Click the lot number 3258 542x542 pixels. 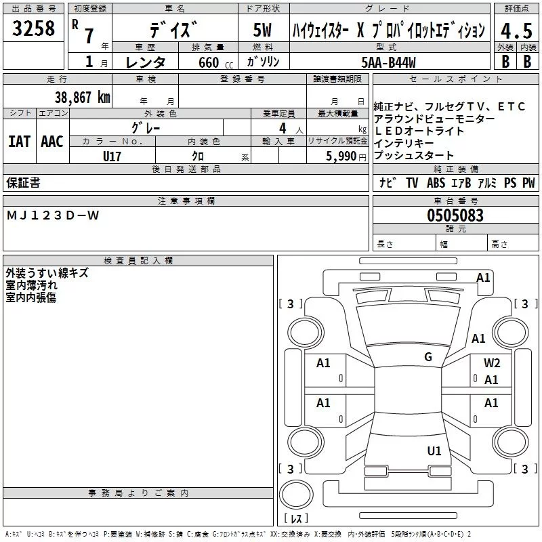click(34, 29)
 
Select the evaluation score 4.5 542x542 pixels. click(515, 31)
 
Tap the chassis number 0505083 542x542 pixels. click(455, 216)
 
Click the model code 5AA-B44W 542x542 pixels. click(389, 62)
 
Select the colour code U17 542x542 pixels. click(112, 156)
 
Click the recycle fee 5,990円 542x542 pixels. click(346, 156)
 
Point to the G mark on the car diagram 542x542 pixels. click(428, 356)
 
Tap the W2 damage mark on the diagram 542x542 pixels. click(492, 363)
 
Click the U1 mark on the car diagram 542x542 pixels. click(434, 451)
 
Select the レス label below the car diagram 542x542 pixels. click(295, 519)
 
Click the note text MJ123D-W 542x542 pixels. click(53, 215)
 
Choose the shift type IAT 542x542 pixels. click(19, 141)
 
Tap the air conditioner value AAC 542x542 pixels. click(52, 141)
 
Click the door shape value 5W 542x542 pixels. click(262, 30)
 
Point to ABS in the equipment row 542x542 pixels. click(436, 183)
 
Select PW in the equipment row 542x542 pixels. click(528, 183)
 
